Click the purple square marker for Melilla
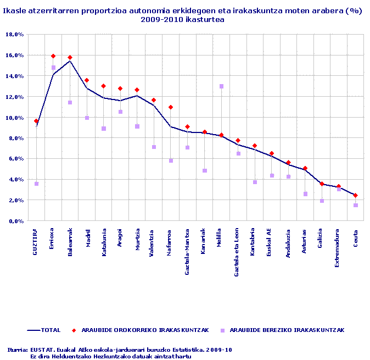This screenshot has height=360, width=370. pyautogui.click(x=221, y=86)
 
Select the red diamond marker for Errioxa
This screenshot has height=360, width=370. pyautogui.click(x=53, y=56)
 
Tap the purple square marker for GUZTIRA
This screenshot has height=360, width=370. pyautogui.click(x=36, y=184)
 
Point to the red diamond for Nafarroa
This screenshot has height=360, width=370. pyautogui.click(x=171, y=107)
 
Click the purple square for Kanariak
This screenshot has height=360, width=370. pyautogui.click(x=204, y=170)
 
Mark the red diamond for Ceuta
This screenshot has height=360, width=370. pyautogui.click(x=355, y=195)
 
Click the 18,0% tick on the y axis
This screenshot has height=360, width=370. pyautogui.click(x=14, y=34)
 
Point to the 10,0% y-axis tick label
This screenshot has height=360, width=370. pyautogui.click(x=14, y=118)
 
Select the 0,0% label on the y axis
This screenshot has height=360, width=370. pyautogui.click(x=15, y=221)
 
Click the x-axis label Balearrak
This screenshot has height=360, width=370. pyautogui.click(x=70, y=240)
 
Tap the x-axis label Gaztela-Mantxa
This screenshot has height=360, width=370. pyautogui.click(x=188, y=245)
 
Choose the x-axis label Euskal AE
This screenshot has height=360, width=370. pyautogui.click(x=272, y=239)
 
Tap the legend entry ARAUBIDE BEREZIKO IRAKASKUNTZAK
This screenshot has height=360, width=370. pyautogui.click(x=287, y=330)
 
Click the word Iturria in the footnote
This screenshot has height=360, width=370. pyautogui.click(x=17, y=349)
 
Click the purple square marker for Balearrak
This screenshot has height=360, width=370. pyautogui.click(x=70, y=103)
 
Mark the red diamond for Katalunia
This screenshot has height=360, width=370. pyautogui.click(x=104, y=86)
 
